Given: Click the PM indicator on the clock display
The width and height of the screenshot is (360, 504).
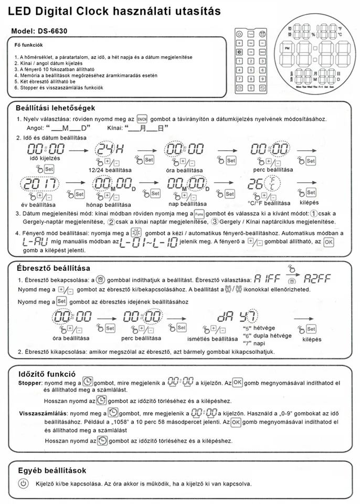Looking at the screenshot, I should click(x=287, y=48).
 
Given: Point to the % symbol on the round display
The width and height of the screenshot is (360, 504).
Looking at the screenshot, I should click(x=312, y=34).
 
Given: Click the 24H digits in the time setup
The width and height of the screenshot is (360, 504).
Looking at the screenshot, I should click(x=107, y=149).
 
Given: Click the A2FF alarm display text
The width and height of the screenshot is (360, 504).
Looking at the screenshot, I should click(x=315, y=279).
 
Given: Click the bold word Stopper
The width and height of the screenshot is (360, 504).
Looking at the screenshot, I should click(x=30, y=384).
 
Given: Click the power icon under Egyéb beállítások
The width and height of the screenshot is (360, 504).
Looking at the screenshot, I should click(x=23, y=483).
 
